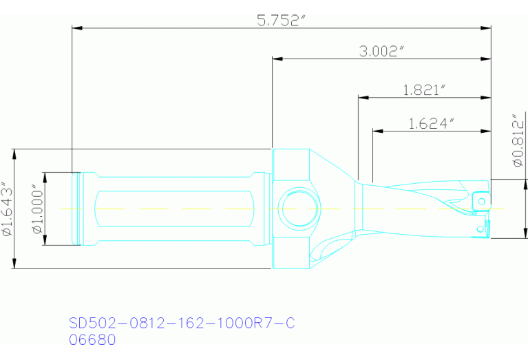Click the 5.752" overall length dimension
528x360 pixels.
tap(280, 20)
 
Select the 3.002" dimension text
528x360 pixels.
tap(381, 52)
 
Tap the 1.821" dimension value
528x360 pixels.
tap(425, 89)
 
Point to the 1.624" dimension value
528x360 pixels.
tap(432, 123)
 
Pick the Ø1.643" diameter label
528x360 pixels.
tap(8, 209)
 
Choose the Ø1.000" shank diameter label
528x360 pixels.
tap(38, 209)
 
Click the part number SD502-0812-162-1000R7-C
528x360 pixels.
tap(182, 324)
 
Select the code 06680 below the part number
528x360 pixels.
tap(92, 339)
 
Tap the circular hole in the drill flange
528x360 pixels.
tap(299, 209)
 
